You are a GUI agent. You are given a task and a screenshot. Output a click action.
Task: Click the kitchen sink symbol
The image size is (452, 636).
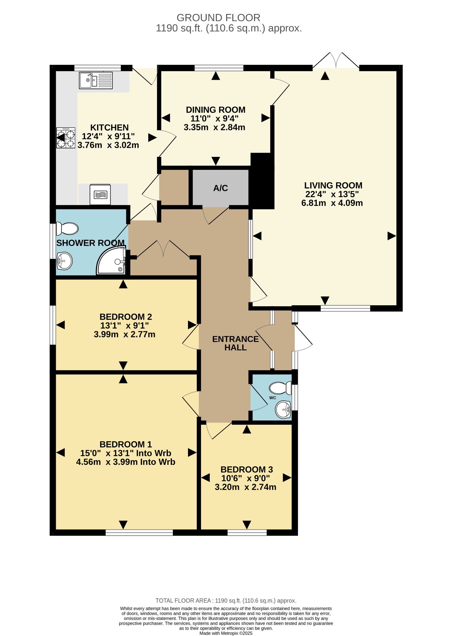(x=96, y=80)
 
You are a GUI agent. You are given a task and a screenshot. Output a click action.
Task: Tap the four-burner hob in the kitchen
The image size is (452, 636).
(x=66, y=138)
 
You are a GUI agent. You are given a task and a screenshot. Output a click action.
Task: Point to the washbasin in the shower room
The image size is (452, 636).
(x=65, y=261)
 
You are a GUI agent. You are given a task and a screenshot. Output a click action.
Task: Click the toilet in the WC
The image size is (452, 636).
(x=280, y=388)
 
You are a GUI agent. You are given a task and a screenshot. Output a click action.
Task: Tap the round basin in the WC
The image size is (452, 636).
(x=283, y=409)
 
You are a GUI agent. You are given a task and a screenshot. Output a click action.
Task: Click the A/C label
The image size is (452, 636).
(x=221, y=188)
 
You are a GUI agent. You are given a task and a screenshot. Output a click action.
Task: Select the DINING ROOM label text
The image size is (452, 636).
(x=216, y=110)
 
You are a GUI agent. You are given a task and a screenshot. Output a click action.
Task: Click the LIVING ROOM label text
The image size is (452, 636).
(x=333, y=185)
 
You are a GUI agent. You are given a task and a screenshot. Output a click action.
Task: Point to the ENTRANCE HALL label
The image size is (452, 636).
(x=235, y=343)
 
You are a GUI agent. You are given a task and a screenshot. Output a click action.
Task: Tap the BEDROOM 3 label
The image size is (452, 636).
(x=247, y=470)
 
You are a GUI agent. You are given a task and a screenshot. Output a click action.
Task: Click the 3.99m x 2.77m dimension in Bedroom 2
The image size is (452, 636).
(x=124, y=334)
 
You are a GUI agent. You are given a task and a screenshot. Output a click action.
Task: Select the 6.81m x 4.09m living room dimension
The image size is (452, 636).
(x=332, y=203)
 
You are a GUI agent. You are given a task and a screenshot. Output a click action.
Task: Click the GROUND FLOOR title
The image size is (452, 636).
(x=218, y=18)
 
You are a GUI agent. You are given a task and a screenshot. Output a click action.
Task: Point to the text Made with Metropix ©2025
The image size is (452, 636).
(x=226, y=633)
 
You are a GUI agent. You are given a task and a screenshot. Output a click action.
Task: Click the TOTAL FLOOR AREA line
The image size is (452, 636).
(x=226, y=601)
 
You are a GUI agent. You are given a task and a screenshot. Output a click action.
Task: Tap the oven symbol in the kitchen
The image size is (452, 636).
(x=100, y=195)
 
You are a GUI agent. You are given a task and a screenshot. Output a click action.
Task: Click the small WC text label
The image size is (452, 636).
(x=273, y=398)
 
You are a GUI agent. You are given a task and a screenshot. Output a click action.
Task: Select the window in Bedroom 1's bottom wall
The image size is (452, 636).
(x=139, y=533)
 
